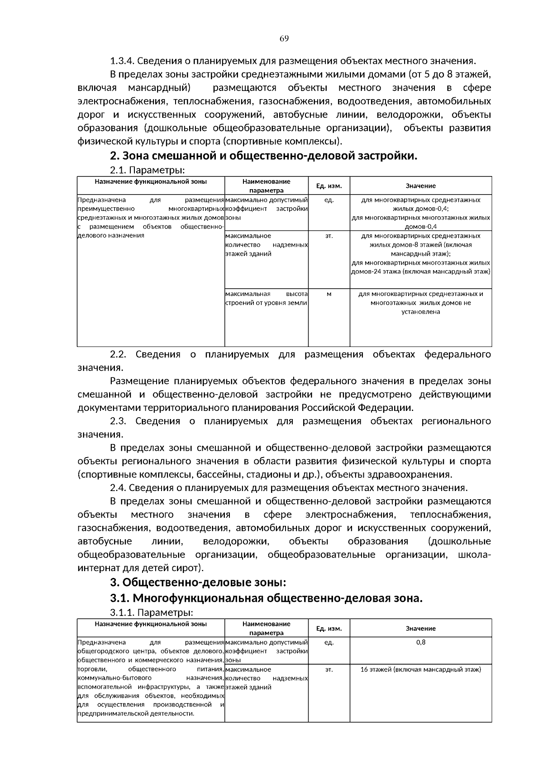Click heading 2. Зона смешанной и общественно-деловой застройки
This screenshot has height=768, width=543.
pos(263,156)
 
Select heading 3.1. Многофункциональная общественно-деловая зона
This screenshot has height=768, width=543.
pos(266,598)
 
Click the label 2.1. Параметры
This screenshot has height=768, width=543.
pos(148,170)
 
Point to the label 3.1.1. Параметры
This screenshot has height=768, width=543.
pos(152,613)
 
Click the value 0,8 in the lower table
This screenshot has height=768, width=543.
pos(420,642)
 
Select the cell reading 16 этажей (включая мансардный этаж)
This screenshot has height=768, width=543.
pos(420,669)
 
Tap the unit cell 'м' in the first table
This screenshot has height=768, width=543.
pos(329,294)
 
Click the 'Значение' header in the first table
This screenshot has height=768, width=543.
pos(420,186)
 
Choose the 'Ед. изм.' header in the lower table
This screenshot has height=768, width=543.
pos(329,629)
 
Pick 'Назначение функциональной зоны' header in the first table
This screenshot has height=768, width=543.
pos(151,181)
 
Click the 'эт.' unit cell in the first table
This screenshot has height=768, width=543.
pos(329,236)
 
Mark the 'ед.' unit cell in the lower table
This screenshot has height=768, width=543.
pos(329,642)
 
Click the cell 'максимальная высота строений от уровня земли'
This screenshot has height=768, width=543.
pos(267,298)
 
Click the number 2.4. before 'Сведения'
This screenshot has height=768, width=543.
pos(118,488)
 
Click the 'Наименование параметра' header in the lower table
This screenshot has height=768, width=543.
pos(267,628)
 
